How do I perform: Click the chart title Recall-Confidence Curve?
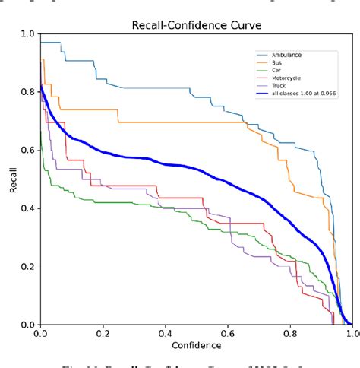(195, 26)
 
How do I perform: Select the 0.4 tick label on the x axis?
(165, 333)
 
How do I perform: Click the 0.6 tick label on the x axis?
(227, 333)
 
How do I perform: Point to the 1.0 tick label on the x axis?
(351, 333)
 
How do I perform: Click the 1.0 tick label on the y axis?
(27, 34)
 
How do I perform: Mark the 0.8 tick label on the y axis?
(27, 92)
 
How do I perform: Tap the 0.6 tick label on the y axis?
(27, 151)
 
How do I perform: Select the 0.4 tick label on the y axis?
(27, 208)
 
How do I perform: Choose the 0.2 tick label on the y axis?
(27, 267)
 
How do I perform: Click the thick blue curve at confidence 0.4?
(165, 160)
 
